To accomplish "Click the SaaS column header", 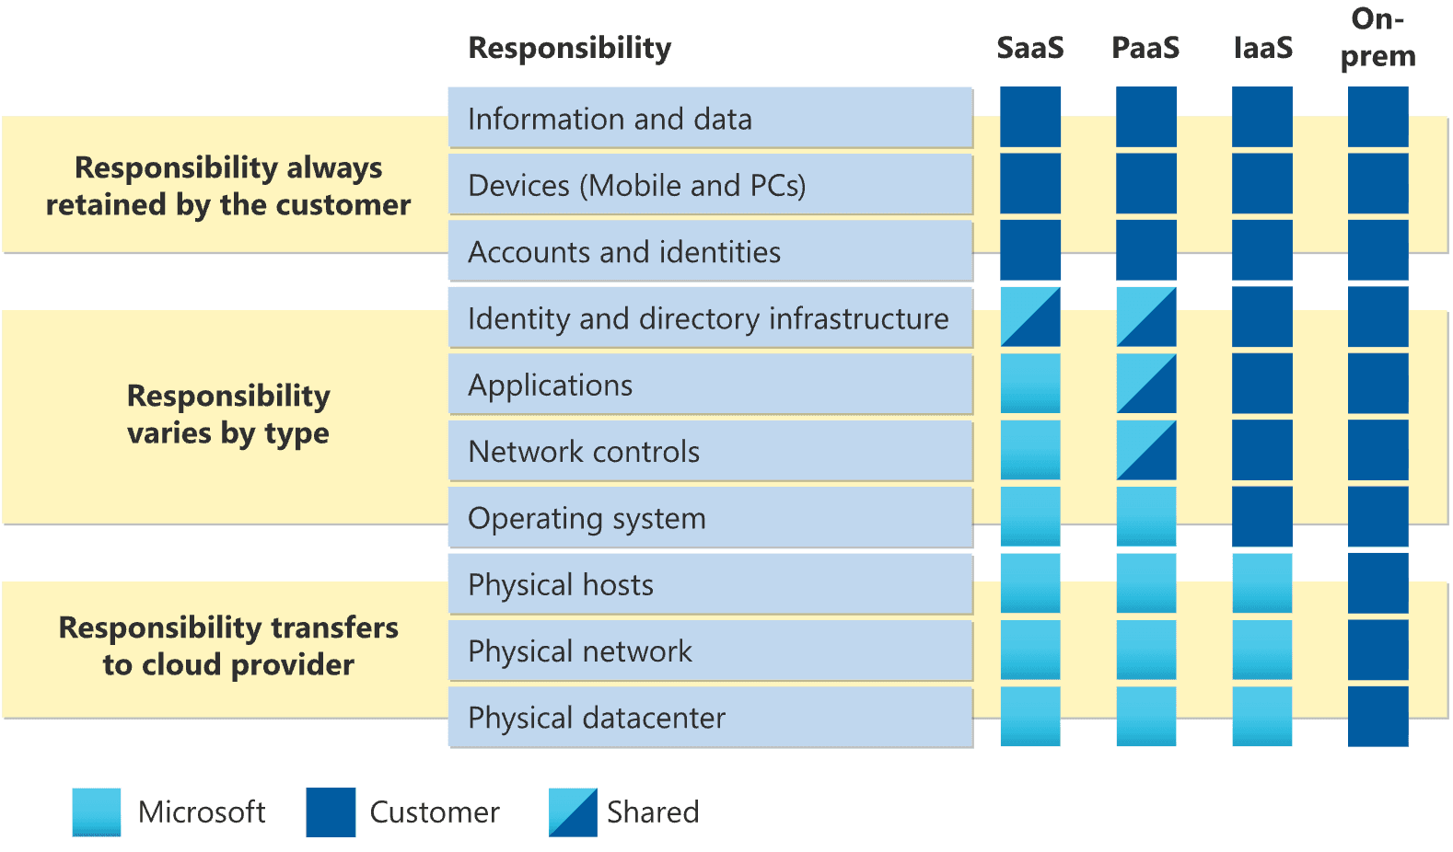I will coord(1029,48).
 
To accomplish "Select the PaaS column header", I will coord(1145,48).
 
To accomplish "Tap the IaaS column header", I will coord(1262,48).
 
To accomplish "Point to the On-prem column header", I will coord(1377,38).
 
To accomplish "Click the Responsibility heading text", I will coord(569,48).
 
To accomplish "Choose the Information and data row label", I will coord(610,119).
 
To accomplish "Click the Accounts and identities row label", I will coord(624,251).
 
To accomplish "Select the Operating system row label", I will coord(587,518).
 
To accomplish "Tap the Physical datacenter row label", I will coord(597,718).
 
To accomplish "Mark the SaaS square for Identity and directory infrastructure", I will coord(1030,317).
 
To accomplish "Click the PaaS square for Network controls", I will coord(1146,451).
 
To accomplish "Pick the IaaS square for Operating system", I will coord(1262,517).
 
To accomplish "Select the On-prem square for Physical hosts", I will coord(1377,583).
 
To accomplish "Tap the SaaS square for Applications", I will coord(1030,384).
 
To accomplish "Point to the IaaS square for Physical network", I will coord(1262,650).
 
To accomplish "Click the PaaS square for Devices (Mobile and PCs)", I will coord(1146,184).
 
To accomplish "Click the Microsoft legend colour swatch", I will coord(97,812).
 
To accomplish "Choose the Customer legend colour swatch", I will coord(331,812).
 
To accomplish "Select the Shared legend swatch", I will coord(573,812).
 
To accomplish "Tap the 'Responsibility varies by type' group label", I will coord(228,414).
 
